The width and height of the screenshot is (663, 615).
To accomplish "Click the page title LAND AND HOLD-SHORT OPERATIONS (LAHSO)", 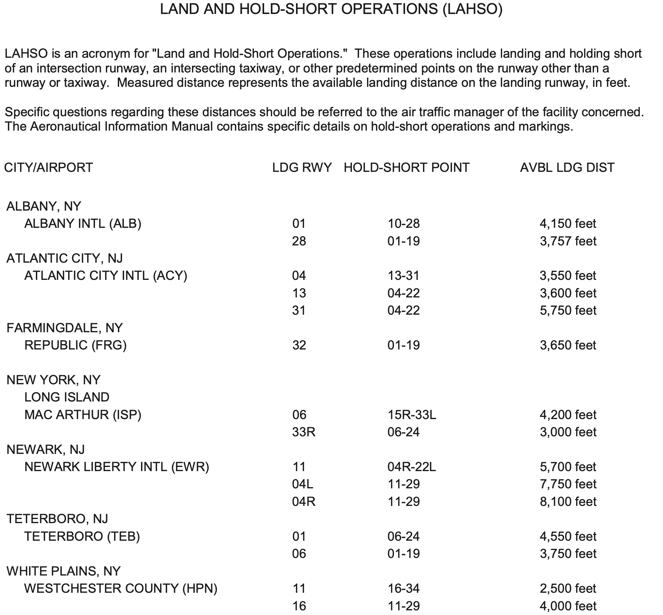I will click(x=331, y=9).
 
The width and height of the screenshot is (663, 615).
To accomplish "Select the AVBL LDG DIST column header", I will click(x=567, y=168).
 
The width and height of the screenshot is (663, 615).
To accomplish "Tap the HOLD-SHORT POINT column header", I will click(x=406, y=168).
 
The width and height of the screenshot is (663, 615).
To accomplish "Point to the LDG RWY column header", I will click(x=302, y=168).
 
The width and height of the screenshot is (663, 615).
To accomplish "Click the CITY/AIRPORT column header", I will click(x=48, y=168).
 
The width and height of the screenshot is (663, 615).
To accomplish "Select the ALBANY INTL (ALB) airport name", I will click(x=83, y=224).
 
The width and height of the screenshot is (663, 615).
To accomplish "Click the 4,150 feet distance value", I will click(x=568, y=224).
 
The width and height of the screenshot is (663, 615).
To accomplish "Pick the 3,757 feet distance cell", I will click(x=568, y=241).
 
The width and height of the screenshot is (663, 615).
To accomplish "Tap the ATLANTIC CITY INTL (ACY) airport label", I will click(x=105, y=276).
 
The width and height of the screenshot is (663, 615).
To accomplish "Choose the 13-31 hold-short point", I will click(x=403, y=276).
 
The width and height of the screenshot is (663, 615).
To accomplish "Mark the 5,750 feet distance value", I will click(x=568, y=310).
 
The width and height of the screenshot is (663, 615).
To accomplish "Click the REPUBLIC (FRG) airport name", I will click(x=75, y=345).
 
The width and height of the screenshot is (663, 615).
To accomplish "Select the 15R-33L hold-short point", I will click(x=412, y=415).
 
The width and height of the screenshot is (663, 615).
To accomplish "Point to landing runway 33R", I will click(x=304, y=432).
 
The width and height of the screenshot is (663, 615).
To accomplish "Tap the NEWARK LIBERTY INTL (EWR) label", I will click(x=117, y=467).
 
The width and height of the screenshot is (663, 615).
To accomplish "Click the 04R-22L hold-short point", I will click(x=412, y=467).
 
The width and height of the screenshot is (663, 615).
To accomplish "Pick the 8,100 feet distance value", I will click(x=568, y=502).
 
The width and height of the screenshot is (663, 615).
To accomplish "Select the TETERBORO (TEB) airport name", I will click(x=82, y=536).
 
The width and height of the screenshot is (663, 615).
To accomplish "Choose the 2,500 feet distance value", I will click(x=568, y=588).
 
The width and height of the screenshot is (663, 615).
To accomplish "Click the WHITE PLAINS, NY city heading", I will click(x=64, y=571).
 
